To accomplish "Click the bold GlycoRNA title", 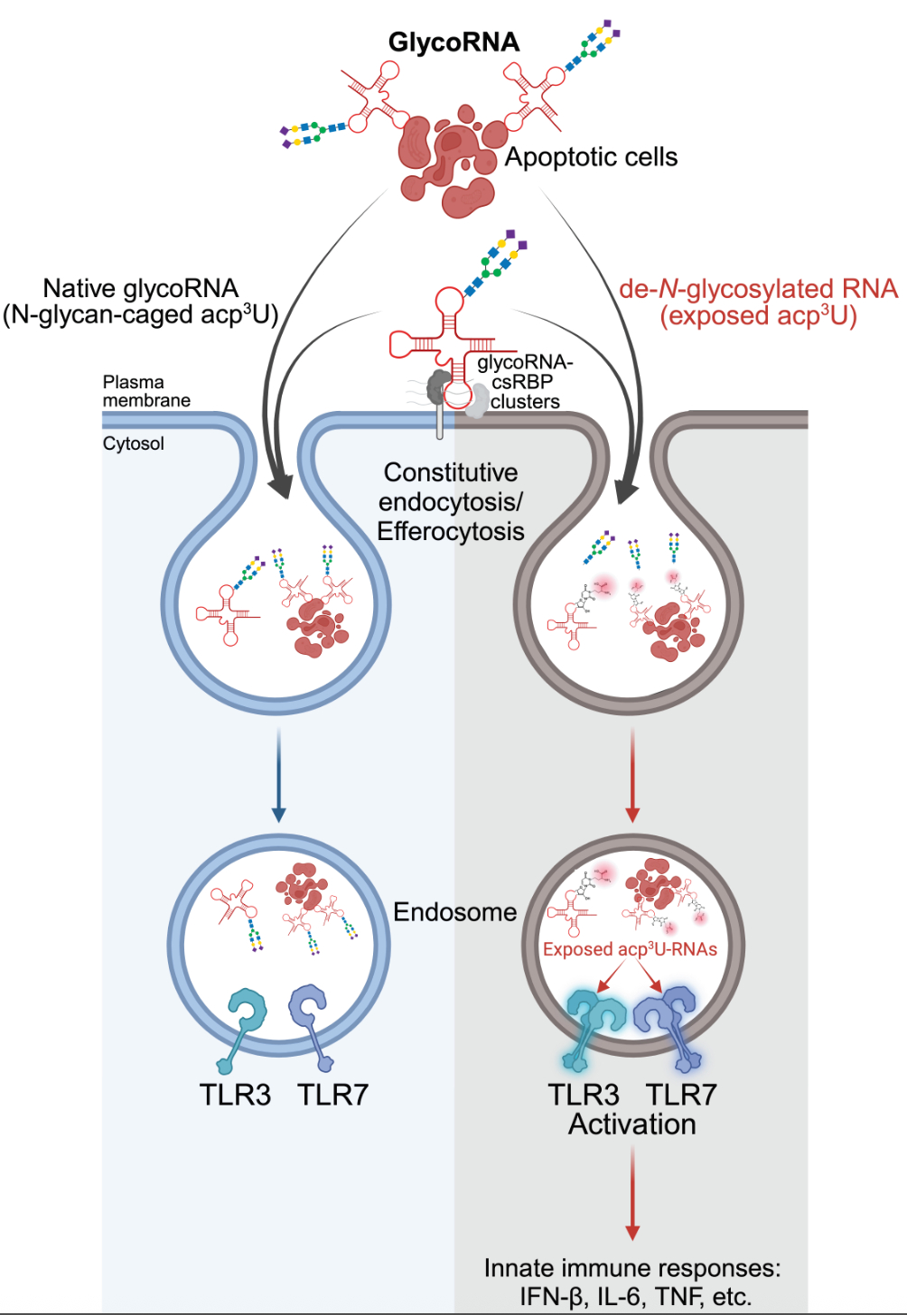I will (453, 42).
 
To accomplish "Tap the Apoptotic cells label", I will (591, 157).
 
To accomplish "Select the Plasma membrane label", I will (146, 391).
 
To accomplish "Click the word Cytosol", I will (134, 443).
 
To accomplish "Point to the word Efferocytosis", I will (450, 531).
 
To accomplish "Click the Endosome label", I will (454, 912).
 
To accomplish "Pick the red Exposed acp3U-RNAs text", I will (630, 949).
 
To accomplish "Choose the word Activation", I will (631, 1124).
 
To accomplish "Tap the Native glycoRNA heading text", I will (141, 289).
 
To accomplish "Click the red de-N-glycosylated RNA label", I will (758, 289).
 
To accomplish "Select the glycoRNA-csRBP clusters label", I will (525, 382).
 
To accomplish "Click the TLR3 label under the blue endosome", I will (235, 1095).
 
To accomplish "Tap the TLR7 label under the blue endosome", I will (332, 1095).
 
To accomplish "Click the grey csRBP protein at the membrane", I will (439, 388).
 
